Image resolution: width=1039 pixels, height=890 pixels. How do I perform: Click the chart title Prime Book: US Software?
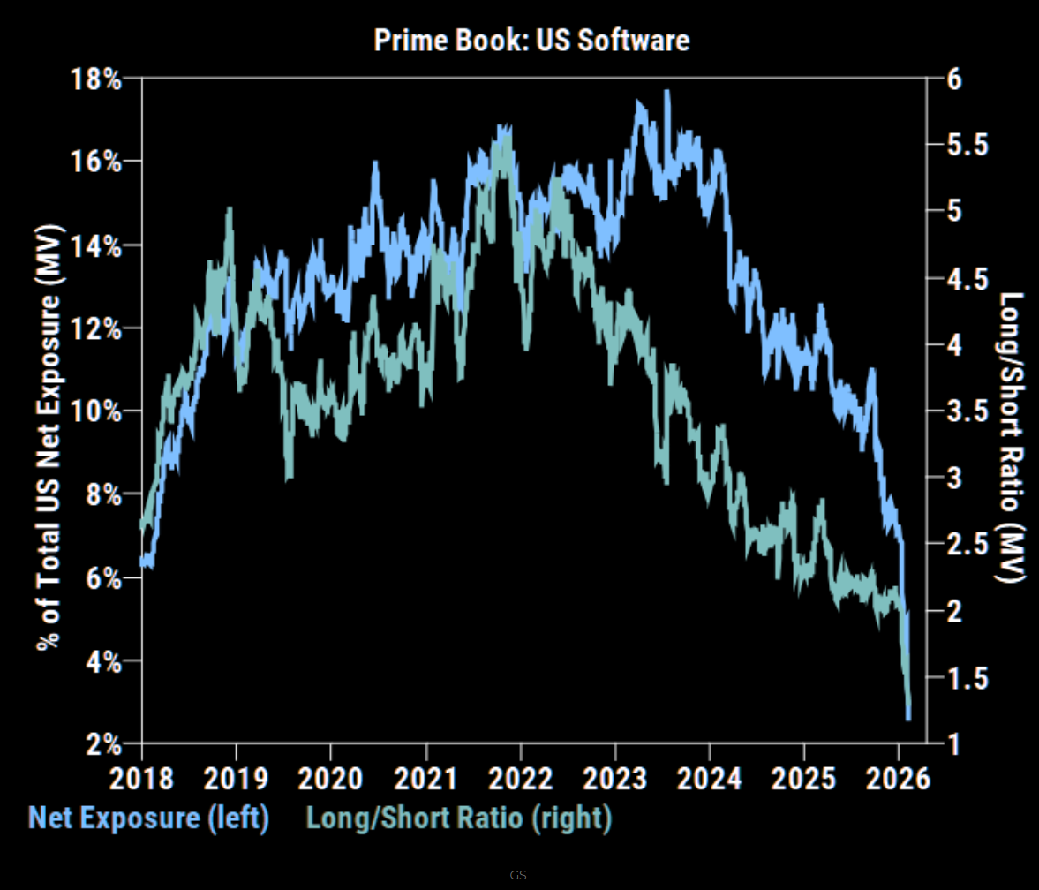tap(531, 40)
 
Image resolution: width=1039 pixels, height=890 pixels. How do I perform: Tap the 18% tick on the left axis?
tap(94, 79)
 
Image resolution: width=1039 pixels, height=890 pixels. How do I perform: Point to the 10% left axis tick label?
tap(94, 411)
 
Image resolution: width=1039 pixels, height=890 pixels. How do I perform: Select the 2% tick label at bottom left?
tap(102, 743)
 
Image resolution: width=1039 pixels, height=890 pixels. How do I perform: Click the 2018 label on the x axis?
tap(141, 778)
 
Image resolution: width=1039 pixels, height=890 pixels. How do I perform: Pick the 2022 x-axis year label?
tap(521, 778)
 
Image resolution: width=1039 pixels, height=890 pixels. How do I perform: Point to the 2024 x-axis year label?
tap(710, 778)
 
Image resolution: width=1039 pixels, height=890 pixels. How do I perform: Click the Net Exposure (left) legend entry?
tap(148, 818)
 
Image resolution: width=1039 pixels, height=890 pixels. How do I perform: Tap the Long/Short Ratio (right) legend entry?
tap(459, 818)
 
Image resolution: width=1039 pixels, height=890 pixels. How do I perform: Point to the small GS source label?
tap(518, 875)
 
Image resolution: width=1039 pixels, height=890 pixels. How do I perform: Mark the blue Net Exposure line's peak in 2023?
tap(666, 92)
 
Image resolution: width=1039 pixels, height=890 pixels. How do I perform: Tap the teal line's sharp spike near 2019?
tap(230, 209)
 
